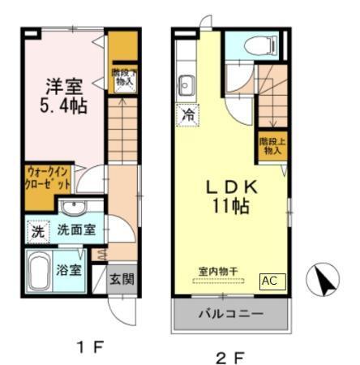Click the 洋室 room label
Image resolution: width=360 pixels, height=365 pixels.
(x=64, y=84)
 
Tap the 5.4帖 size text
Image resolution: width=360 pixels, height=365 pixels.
(x=64, y=105)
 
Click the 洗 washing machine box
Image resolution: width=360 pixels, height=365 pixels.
(x=37, y=230)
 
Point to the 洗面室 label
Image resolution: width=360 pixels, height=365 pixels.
(x=75, y=230)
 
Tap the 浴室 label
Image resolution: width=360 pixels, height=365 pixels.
(x=69, y=268)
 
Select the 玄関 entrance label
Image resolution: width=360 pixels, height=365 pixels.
(x=122, y=278)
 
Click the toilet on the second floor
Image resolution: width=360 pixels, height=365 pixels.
(x=270, y=45)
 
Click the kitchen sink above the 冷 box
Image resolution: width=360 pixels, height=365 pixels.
(x=186, y=84)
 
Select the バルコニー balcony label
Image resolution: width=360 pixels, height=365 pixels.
(x=230, y=314)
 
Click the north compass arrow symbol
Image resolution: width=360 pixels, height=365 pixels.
(x=324, y=281)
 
